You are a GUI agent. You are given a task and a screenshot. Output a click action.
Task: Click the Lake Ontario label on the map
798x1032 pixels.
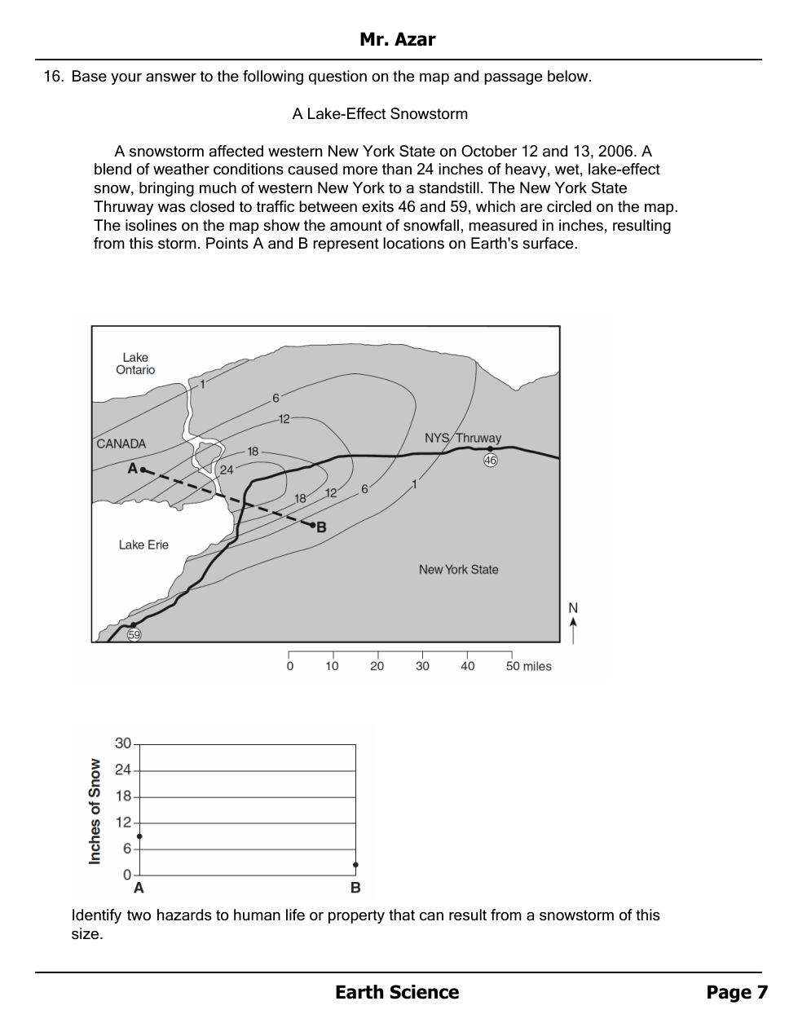(135, 364)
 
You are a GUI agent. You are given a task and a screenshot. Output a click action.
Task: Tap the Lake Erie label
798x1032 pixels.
(143, 545)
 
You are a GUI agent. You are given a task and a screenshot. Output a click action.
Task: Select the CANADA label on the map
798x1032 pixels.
(121, 444)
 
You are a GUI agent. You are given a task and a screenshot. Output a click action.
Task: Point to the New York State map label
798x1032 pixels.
(458, 570)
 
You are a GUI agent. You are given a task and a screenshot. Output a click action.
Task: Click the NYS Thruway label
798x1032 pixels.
(462, 439)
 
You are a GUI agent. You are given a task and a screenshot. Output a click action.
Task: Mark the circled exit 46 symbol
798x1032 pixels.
(490, 460)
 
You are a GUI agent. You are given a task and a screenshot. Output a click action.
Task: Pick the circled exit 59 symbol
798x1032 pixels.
(134, 635)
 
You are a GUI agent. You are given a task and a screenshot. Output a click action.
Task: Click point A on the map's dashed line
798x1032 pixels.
(142, 470)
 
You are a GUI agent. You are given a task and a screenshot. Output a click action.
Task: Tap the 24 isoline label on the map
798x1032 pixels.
(226, 470)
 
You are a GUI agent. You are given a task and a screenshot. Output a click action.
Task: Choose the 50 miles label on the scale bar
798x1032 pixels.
(528, 667)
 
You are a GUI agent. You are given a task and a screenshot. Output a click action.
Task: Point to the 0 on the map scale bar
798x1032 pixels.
(289, 667)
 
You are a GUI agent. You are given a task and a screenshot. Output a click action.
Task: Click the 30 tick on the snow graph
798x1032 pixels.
(123, 743)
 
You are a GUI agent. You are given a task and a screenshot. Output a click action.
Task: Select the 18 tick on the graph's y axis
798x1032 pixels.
(123, 796)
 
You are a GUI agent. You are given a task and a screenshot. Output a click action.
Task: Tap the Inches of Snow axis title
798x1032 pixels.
(95, 811)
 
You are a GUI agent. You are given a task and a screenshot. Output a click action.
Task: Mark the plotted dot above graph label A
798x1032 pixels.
(139, 836)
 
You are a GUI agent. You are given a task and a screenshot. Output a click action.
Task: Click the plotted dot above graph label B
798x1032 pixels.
(355, 865)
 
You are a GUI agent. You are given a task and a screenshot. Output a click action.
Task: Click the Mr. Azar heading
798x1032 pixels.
(398, 39)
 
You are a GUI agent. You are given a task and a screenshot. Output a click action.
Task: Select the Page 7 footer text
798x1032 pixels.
(737, 992)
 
